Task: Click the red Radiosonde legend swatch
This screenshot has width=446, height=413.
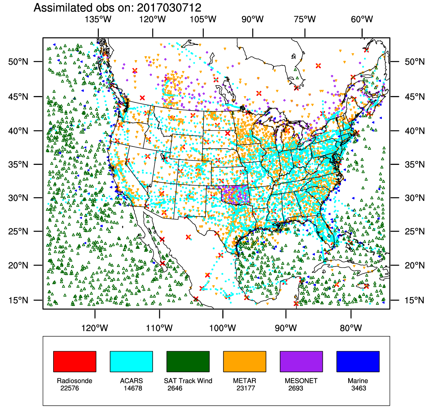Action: pos(75,361)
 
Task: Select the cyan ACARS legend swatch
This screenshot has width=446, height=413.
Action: pos(131,361)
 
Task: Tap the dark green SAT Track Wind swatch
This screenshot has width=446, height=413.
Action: pos(188,361)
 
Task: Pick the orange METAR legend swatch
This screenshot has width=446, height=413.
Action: pos(244,361)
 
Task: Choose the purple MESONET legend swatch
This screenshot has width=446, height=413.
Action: pos(301,361)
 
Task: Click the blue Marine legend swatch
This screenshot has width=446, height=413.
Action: pos(358,361)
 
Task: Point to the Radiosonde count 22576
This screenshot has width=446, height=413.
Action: pos(70,388)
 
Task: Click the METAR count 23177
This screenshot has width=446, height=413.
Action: pos(246,388)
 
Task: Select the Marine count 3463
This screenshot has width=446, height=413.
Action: pos(359,388)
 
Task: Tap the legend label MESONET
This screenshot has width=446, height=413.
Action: pos(301,381)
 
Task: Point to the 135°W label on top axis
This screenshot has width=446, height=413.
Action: pos(98,19)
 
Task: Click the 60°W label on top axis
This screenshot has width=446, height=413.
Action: pos(362,19)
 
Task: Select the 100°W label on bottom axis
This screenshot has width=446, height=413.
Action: pos(222,328)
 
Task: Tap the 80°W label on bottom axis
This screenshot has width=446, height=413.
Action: pos(351,328)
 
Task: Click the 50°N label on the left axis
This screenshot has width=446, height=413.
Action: pos(18,62)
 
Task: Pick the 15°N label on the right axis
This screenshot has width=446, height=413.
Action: pos(415,300)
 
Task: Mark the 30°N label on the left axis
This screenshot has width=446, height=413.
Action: pos(18,198)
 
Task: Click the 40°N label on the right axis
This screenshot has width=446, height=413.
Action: pos(415,131)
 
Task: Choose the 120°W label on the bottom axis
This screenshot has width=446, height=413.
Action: pos(95,328)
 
